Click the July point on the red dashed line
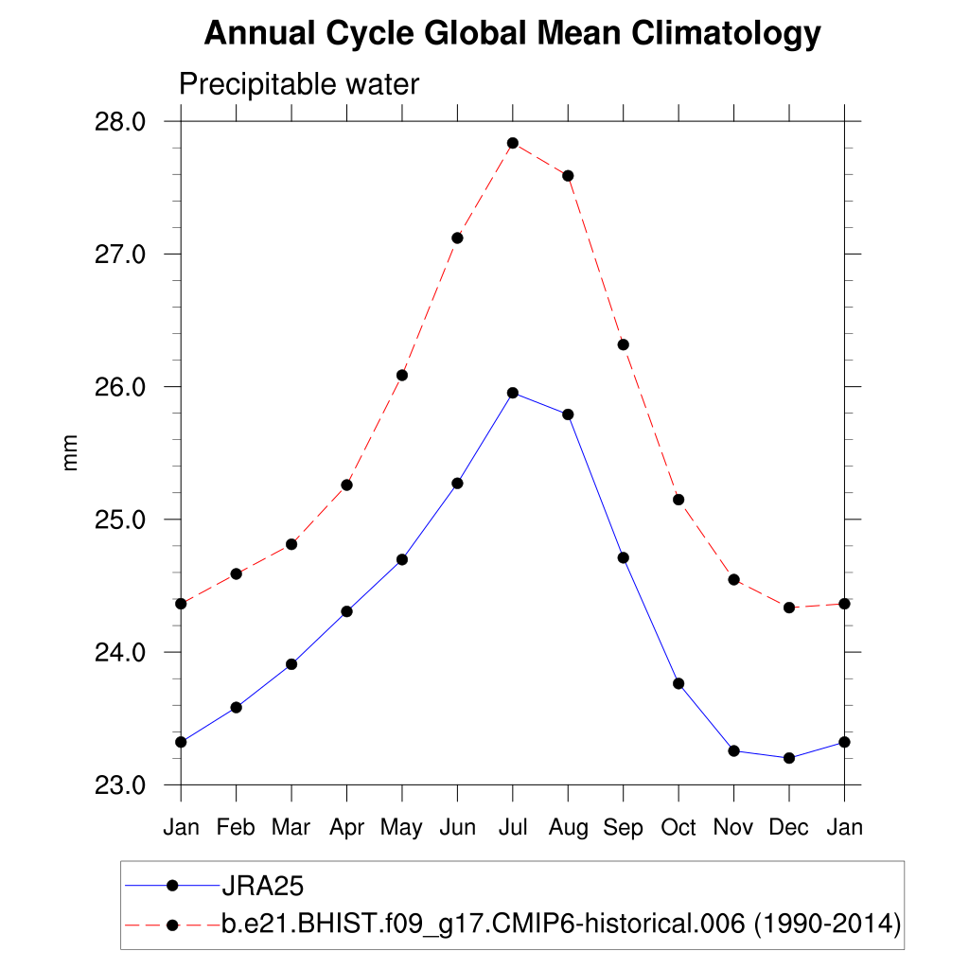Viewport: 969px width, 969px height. coord(512,143)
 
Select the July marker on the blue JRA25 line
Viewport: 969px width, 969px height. coord(512,393)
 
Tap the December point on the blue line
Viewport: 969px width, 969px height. coord(788,758)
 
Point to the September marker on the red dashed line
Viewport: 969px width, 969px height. coord(623,344)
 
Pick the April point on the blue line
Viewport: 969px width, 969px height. coord(346,611)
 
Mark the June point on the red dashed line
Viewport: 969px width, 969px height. coord(457,238)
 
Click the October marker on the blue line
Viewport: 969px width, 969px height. coord(678,683)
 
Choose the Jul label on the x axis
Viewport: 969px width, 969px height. coord(512,828)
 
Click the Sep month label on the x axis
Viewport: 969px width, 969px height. coord(623,828)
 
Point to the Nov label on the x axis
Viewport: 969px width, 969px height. coord(733,828)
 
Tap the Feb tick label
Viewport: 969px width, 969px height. coord(236,828)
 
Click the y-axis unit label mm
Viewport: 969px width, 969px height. coord(71,453)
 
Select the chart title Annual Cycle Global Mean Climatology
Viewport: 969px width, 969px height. coord(512,35)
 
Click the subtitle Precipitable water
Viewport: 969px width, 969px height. coord(299,85)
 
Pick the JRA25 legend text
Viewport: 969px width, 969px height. coord(261,886)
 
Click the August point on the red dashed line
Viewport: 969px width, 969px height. coord(568,176)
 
